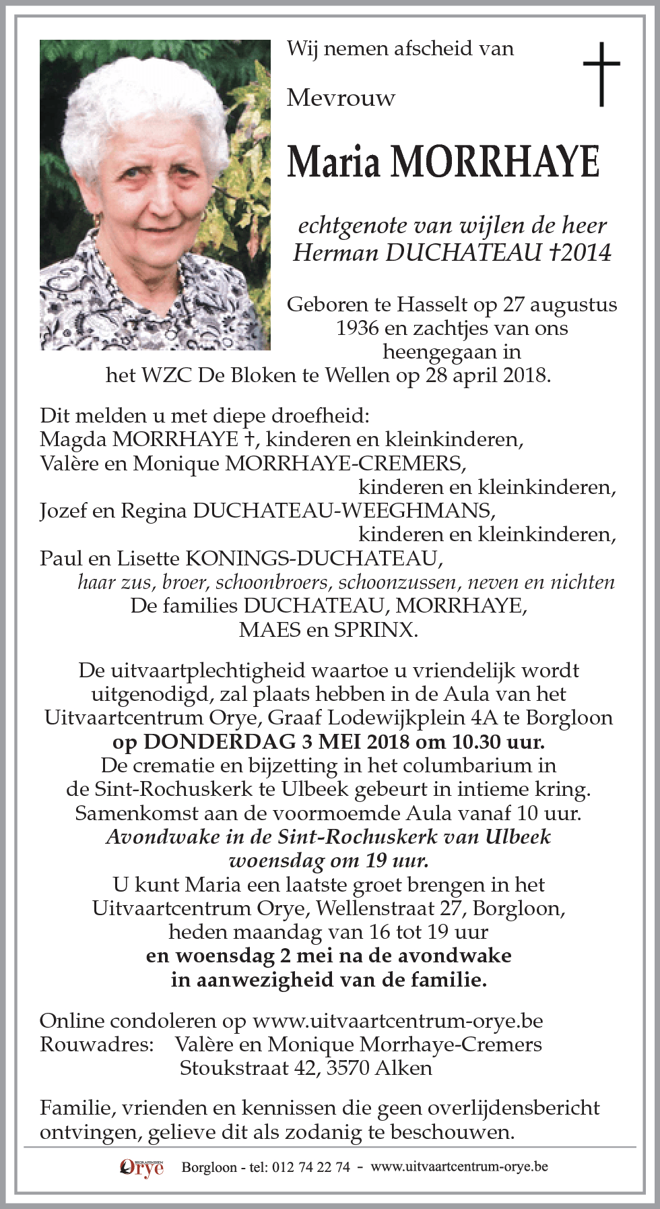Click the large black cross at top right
(601, 73)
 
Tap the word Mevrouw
(341, 98)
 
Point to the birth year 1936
(357, 328)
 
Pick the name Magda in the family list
(73, 439)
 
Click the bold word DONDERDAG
(220, 742)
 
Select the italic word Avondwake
(152, 837)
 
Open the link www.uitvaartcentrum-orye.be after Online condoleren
(397, 1021)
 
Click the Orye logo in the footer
(141, 1167)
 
